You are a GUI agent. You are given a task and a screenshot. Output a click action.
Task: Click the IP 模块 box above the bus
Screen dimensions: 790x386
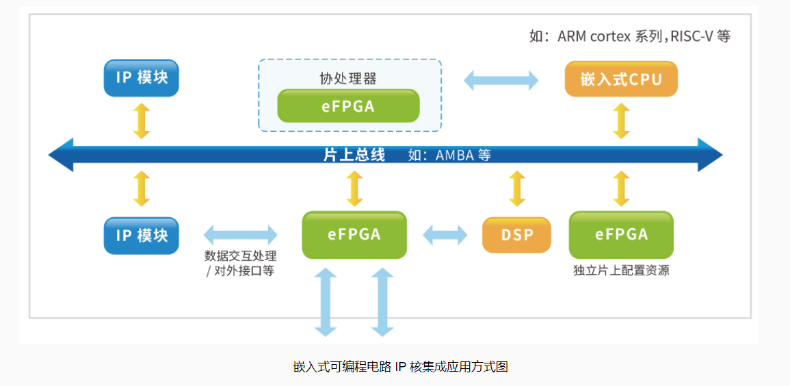pos(142,78)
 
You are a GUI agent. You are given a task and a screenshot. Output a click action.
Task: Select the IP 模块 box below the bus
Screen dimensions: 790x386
pos(142,235)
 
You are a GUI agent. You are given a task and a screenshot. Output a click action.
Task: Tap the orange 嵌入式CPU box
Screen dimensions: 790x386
pos(621,79)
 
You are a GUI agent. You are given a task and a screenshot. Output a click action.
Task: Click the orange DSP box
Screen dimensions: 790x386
pos(517,234)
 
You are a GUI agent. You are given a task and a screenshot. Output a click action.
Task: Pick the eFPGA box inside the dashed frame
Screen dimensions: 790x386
pos(348,106)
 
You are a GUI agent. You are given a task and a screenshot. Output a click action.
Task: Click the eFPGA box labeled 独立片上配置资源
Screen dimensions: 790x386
pos(621,234)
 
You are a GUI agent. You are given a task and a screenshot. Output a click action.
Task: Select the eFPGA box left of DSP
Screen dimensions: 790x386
pos(354,234)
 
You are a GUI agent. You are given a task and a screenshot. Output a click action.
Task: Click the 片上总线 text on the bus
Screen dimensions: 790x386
pos(354,155)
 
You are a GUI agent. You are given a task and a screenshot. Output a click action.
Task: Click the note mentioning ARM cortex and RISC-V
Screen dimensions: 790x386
pos(630,36)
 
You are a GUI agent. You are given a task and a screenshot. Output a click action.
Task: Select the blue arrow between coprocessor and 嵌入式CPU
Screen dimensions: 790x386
pos(501,80)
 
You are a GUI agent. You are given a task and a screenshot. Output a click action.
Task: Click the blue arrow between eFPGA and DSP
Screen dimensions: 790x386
pos(445,234)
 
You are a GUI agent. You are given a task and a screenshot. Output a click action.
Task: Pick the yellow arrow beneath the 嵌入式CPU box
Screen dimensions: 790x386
pos(621,121)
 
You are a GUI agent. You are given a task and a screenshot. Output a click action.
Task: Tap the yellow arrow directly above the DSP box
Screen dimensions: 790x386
pos(517,189)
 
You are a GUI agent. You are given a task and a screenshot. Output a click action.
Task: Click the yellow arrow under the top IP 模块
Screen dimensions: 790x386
pos(142,121)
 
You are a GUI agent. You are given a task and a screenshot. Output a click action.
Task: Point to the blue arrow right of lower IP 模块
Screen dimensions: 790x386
pos(241,234)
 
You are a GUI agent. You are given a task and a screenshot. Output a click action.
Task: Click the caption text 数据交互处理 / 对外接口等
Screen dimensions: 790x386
pos(240,263)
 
